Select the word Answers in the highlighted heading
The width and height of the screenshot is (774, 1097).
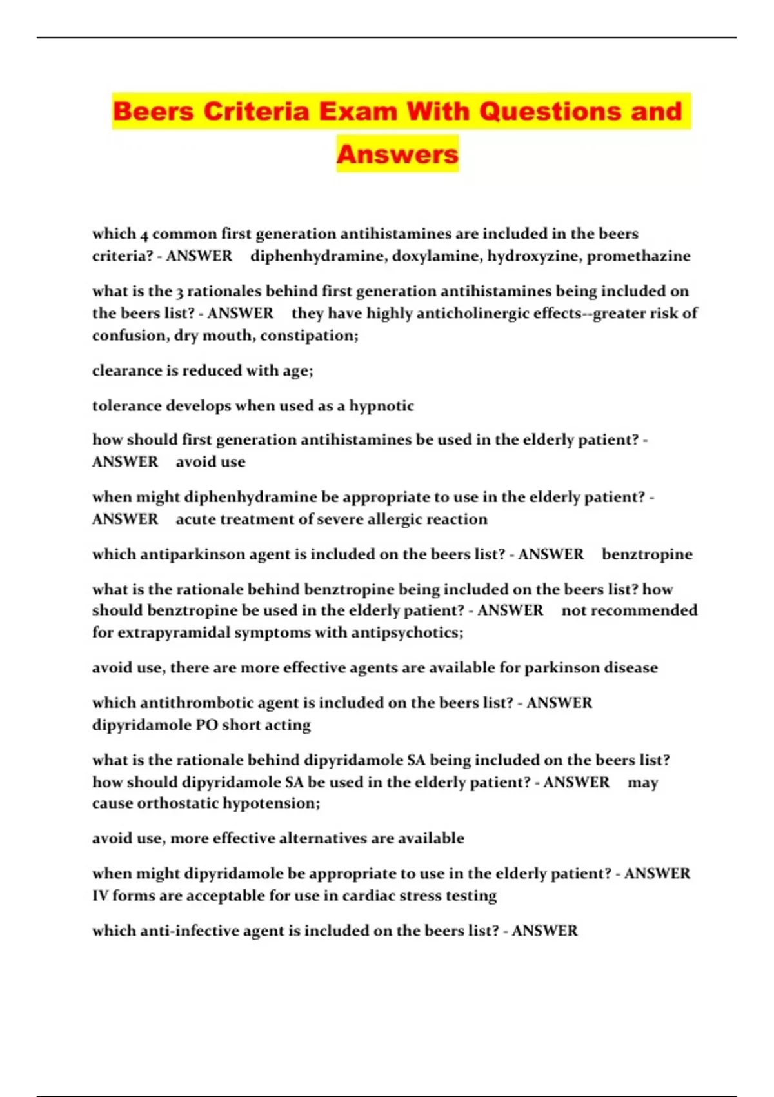coord(397,154)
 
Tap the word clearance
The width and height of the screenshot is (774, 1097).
coord(127,370)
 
